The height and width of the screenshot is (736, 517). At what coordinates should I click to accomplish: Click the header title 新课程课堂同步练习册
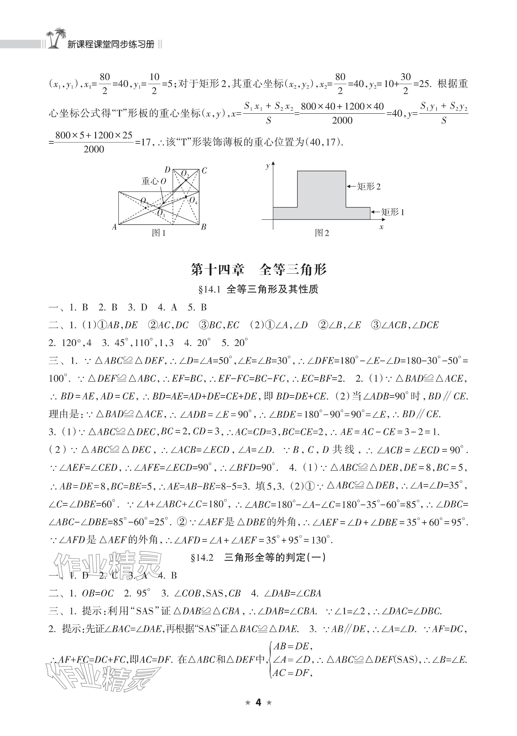pyautogui.click(x=111, y=44)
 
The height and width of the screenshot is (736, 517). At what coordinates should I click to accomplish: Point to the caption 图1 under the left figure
pyautogui.click(x=159, y=233)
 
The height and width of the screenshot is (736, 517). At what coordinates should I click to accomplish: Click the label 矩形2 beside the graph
pyautogui.click(x=369, y=187)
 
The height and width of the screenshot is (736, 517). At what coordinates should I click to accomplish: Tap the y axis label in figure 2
pyautogui.click(x=268, y=166)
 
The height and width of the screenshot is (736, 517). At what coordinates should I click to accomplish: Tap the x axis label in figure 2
pyautogui.click(x=381, y=227)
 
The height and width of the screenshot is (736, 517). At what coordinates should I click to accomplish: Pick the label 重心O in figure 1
pyautogui.click(x=154, y=181)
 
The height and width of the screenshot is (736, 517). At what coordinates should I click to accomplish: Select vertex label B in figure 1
pyautogui.click(x=203, y=227)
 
